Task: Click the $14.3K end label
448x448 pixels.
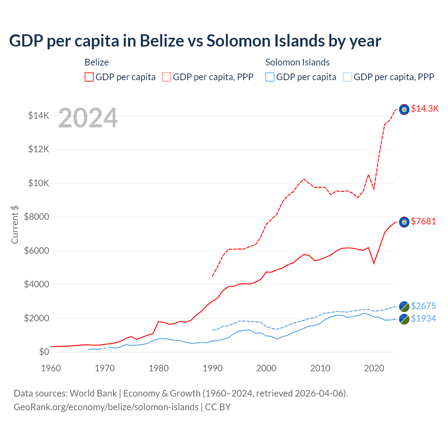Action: (425, 108)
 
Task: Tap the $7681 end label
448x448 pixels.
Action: (423, 221)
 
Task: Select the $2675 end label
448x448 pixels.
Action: (423, 306)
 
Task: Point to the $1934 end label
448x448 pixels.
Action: (423, 318)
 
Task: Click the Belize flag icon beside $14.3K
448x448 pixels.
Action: (404, 110)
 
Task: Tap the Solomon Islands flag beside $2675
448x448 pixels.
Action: (404, 306)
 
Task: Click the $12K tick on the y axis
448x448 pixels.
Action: (39, 149)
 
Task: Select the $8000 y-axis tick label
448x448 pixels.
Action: (37, 217)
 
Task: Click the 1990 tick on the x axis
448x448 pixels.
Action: (212, 368)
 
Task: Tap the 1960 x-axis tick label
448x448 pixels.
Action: (51, 368)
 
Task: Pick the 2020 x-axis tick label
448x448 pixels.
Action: (374, 368)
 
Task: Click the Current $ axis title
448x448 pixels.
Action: (15, 224)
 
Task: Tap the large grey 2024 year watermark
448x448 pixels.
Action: (88, 118)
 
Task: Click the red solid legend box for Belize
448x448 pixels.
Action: (89, 77)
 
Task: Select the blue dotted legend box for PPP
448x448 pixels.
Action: (348, 77)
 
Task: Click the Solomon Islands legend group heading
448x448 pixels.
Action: (297, 62)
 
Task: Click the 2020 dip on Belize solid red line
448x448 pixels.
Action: (374, 263)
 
